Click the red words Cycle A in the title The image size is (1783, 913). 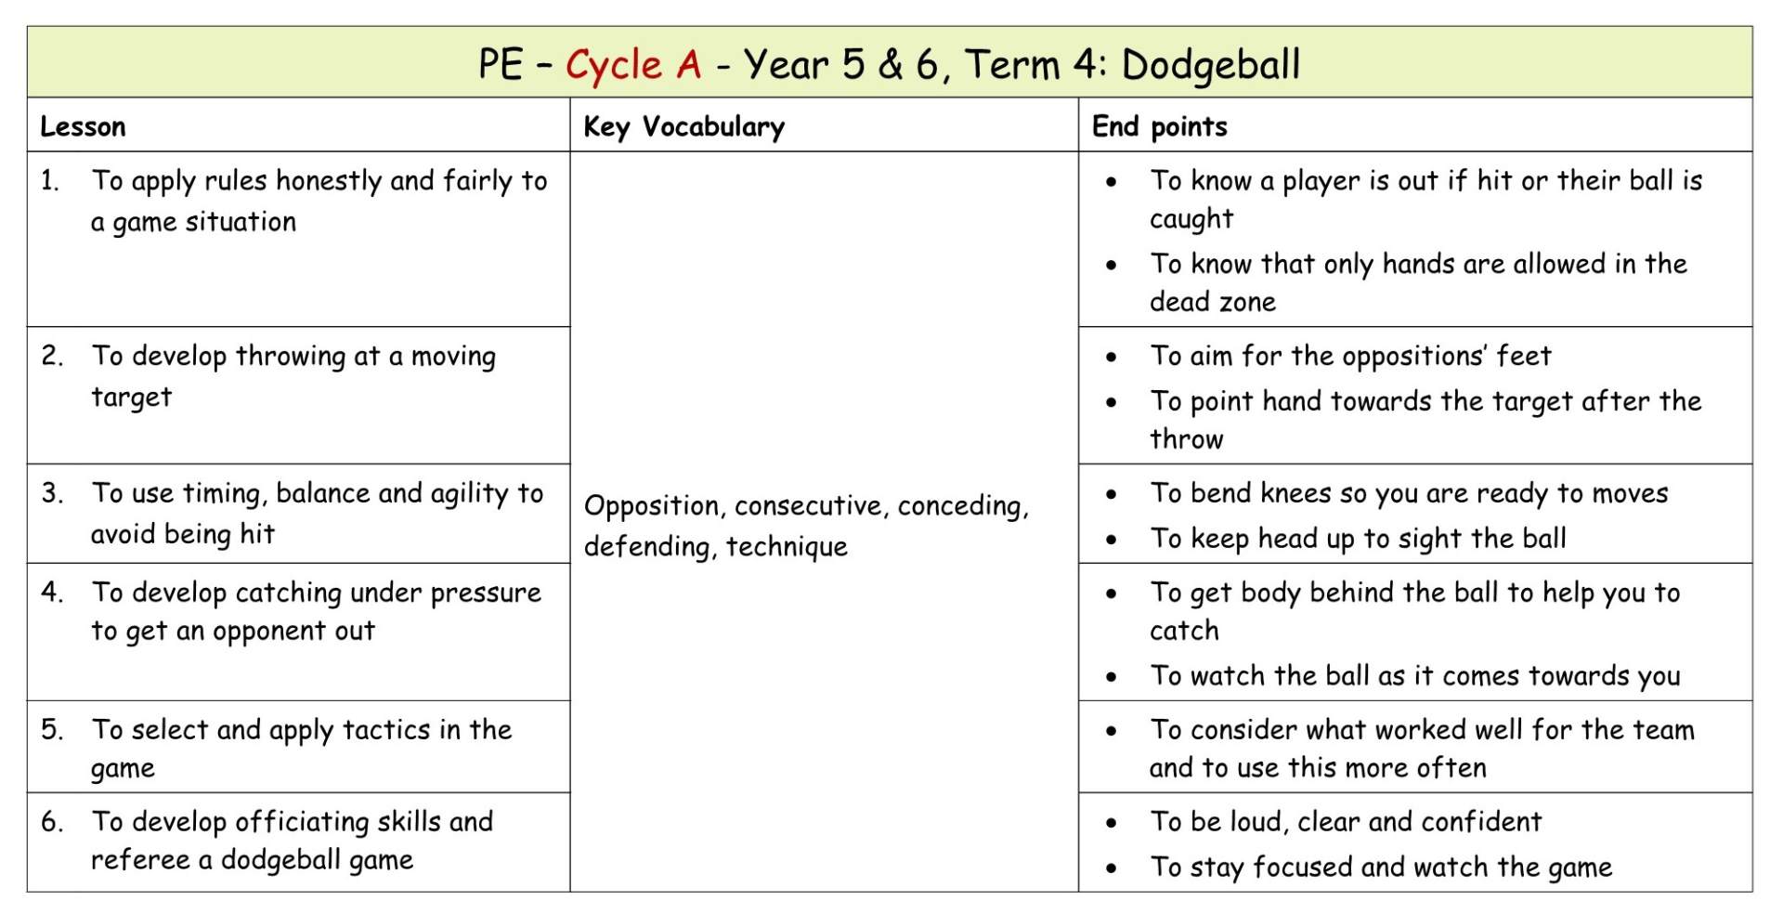(633, 65)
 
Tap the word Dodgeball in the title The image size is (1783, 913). (1211, 65)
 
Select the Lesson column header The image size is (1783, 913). (83, 126)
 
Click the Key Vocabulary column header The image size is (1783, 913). (683, 126)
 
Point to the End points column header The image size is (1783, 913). (1159, 126)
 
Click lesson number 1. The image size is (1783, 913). (49, 181)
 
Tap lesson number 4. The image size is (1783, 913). (52, 593)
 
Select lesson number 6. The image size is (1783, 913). (52, 822)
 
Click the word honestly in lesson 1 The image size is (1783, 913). (330, 181)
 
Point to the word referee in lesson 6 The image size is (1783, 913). (139, 860)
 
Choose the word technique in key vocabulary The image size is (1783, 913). (787, 547)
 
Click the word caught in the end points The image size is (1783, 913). (1191, 220)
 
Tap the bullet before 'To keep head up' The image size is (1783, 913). (1112, 540)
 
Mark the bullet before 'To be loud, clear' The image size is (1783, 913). (1112, 823)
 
